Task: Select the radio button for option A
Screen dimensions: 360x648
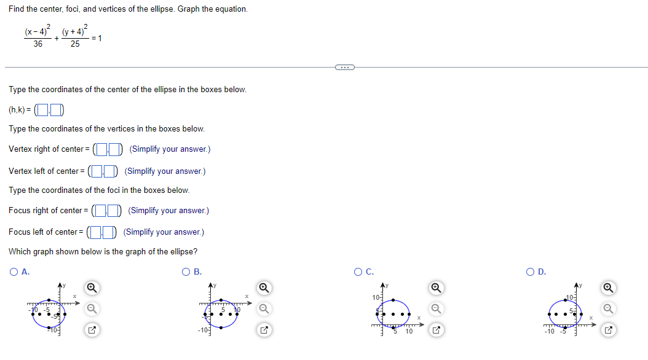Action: tap(14, 272)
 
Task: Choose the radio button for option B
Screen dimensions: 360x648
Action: tap(186, 272)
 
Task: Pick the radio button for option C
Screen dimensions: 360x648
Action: tap(358, 272)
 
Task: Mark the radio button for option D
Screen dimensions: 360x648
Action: tap(530, 272)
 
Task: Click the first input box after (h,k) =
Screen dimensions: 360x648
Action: tap(41, 111)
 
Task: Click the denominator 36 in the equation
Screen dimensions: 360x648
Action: tap(38, 44)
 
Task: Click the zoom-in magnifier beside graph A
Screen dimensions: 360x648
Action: tap(92, 287)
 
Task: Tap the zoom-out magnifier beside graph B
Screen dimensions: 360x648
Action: tap(264, 308)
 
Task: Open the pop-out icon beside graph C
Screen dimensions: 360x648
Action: tap(436, 331)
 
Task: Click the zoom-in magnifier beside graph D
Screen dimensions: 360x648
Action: tap(608, 287)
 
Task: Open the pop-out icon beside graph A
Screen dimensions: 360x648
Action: tap(92, 331)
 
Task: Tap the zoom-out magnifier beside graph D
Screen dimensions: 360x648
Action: tap(608, 308)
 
